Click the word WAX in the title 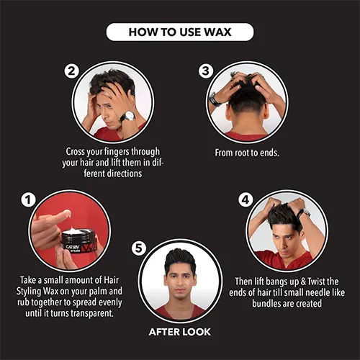217,32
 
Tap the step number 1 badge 28,199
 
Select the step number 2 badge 71,71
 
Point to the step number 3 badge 206,71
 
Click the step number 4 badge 246,199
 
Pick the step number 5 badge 139,248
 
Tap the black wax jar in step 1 78,240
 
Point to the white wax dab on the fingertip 66,213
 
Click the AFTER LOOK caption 180,332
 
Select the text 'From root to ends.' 247,153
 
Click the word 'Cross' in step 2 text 76,152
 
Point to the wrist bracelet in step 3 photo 215,99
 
